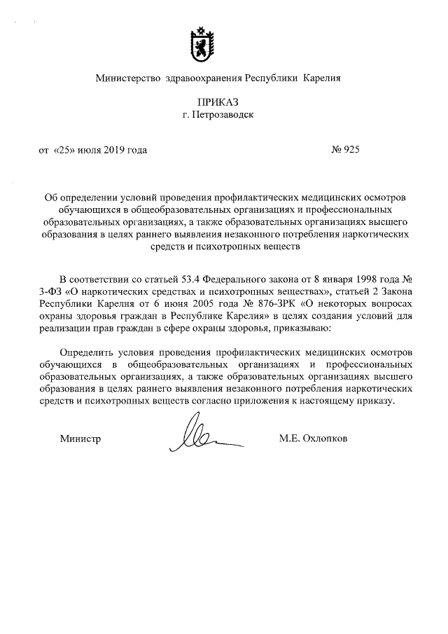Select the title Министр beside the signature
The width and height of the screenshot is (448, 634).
point(80,439)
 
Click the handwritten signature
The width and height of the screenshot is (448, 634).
point(203,438)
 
